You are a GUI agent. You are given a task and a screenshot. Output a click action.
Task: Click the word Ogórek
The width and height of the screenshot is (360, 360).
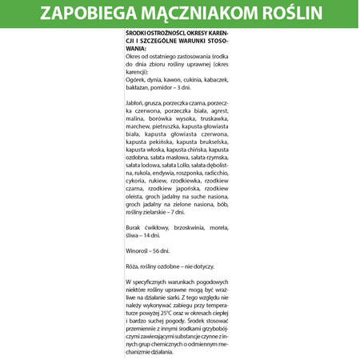pyautogui.click(x=138, y=80)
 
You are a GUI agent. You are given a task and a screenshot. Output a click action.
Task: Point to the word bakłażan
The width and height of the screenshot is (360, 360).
pyautogui.click(x=140, y=87)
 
